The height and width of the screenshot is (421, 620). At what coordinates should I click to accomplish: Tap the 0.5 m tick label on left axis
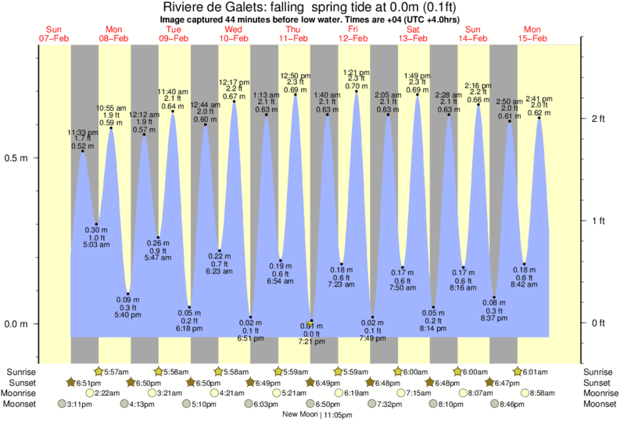16,158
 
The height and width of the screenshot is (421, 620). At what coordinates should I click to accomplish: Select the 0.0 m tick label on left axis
16,323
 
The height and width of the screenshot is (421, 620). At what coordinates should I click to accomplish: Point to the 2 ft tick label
599,118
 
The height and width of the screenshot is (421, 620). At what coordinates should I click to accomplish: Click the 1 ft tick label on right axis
599,221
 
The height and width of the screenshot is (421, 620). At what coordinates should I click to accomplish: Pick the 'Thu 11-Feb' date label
293,34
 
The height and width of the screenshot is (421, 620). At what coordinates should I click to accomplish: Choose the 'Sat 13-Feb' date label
413,34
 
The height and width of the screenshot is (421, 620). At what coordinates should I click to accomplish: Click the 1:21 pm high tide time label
357,71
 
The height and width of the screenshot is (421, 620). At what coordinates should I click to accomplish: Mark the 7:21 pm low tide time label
311,342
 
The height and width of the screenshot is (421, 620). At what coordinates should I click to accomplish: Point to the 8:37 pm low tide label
494,318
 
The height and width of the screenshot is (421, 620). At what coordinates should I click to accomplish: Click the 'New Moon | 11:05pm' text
315,415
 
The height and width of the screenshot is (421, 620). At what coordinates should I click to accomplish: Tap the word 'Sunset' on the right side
598,382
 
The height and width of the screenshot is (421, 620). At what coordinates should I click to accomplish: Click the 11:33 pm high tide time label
83,133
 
